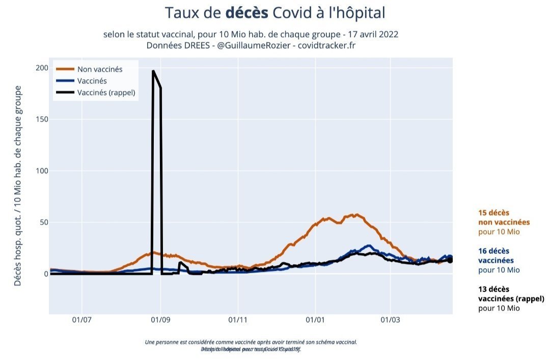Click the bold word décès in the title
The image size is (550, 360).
pos(246,13)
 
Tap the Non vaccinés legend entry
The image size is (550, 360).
pos(100,69)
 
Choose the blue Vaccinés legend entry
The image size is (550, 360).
pos(92,81)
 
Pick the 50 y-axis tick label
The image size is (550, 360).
pos(43,223)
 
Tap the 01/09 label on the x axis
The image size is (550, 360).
pos(160,320)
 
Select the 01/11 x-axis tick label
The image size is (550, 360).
pos(237,320)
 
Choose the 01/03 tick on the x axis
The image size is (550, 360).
pos(390,320)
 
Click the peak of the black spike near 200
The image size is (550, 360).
pos(153,71)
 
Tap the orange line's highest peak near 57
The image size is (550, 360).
pos(356,215)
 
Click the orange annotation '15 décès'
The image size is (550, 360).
pos(493,213)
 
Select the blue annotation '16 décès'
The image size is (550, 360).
pos(493,251)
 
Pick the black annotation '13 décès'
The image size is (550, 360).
pos(493,289)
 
